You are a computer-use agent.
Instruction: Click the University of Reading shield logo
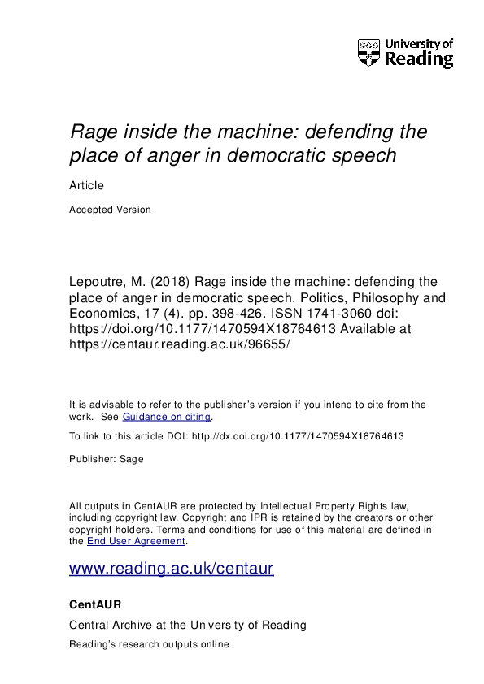coord(369,53)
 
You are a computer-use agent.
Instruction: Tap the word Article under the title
coord(87,185)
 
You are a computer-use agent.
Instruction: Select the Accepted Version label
coord(110,209)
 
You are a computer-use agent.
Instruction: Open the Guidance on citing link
coord(167,417)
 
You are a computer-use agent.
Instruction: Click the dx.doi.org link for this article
coord(297,436)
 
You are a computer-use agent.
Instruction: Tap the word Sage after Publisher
coord(132,459)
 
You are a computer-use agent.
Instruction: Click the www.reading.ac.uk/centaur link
coord(172,569)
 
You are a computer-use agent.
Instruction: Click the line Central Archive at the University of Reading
coord(188,625)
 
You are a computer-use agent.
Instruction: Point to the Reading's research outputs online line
coord(150,644)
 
